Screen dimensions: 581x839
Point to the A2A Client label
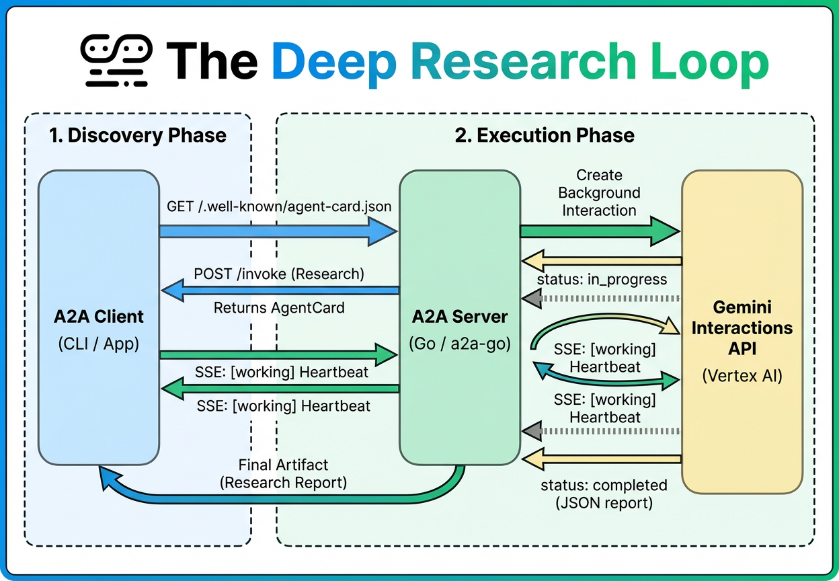99,316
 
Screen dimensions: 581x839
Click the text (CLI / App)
99,344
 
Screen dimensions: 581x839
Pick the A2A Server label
459,316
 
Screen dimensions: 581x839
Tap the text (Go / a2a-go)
459,344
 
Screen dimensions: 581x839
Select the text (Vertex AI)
742,376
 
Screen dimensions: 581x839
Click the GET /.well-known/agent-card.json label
279,206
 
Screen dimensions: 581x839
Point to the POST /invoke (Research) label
279,274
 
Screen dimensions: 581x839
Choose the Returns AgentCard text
279,308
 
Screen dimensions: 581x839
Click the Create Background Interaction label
599,192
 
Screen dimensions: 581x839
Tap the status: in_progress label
602,279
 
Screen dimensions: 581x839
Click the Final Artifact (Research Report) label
283,473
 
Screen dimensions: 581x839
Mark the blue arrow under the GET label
279,231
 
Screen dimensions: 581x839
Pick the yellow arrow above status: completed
602,460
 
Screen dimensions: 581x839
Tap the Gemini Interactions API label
742,328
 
